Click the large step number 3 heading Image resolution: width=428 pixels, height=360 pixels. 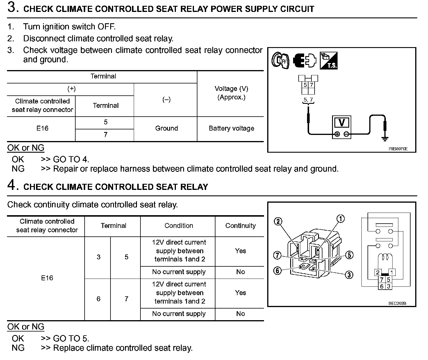pyautogui.click(x=13, y=8)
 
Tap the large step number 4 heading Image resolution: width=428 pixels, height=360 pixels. pyautogui.click(x=13, y=185)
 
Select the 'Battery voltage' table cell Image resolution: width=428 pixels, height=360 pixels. pyautogui.click(x=231, y=128)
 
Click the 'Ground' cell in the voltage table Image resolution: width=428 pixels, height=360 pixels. pyautogui.click(x=166, y=128)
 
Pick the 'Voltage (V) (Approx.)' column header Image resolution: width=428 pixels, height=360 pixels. pyautogui.click(x=231, y=93)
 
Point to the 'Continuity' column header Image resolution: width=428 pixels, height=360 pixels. pyautogui.click(x=240, y=226)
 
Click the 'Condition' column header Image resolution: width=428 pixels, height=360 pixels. pyautogui.click(x=179, y=226)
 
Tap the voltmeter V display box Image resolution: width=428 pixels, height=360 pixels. pyautogui.click(x=342, y=123)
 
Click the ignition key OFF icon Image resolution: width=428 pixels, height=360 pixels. pyautogui.click(x=280, y=60)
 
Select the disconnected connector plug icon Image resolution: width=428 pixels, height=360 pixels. pyautogui.click(x=304, y=60)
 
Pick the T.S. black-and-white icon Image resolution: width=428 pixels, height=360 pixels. pyautogui.click(x=328, y=60)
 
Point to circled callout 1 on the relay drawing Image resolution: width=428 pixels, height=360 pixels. pyautogui.click(x=340, y=219)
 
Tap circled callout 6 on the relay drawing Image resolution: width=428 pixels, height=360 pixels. pyautogui.click(x=277, y=271)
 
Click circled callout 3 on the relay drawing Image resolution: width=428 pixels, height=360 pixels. pyautogui.click(x=349, y=275)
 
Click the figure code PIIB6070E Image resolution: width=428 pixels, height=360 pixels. pyautogui.click(x=398, y=149)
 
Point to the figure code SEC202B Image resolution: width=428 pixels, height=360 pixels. pyautogui.click(x=397, y=303)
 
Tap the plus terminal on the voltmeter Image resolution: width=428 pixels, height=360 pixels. pyautogui.click(x=337, y=134)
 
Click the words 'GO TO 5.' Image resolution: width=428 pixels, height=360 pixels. pyautogui.click(x=71, y=338)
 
